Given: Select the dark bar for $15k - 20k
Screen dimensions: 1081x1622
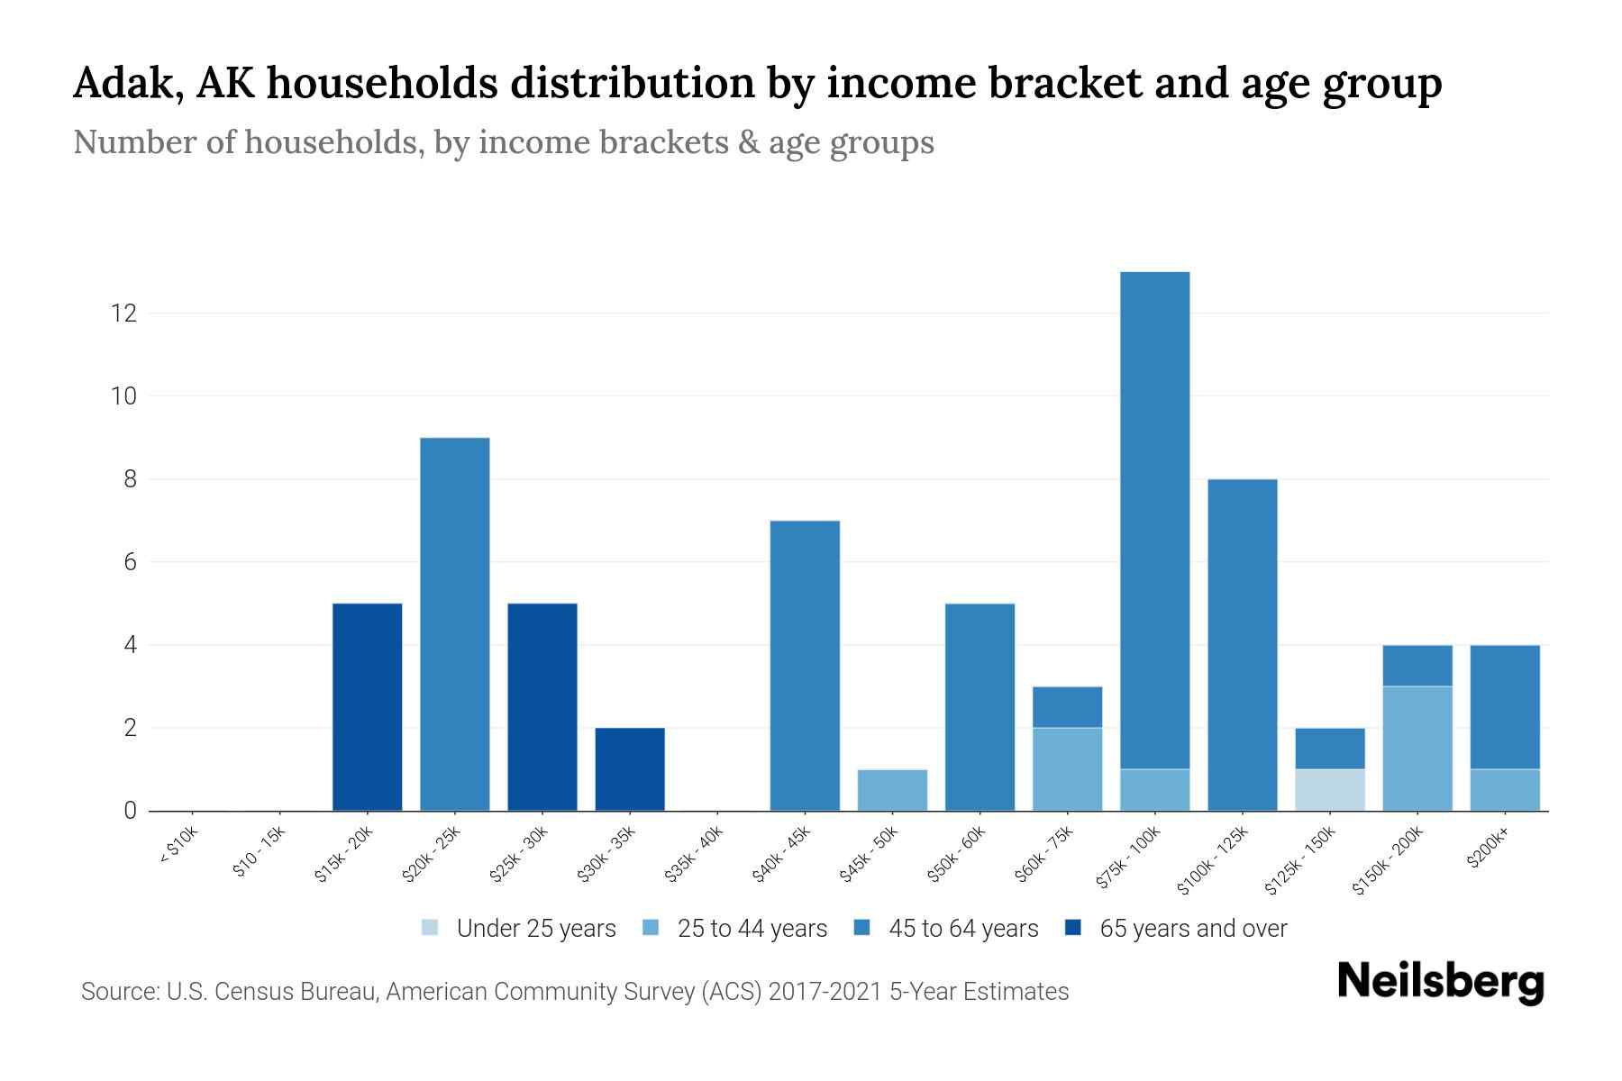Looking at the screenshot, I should [x=367, y=707].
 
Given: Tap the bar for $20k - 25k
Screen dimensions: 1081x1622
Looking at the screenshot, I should [x=455, y=624].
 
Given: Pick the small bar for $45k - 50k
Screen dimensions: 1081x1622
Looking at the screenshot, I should [x=892, y=790].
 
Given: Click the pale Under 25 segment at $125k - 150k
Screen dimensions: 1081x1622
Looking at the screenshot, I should [x=1329, y=790].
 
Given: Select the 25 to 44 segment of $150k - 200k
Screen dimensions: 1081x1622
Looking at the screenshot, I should [x=1417, y=749].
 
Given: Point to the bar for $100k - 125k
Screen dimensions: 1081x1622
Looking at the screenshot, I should [x=1242, y=645].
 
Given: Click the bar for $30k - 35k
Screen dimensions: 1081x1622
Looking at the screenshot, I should [x=630, y=769].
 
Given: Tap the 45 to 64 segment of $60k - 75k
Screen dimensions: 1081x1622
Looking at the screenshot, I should [x=1067, y=707].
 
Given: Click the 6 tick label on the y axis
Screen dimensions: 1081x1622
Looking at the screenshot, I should [x=131, y=562].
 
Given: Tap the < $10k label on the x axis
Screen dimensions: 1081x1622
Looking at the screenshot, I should [x=179, y=848].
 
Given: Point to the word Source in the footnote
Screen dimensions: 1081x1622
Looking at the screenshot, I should [x=118, y=992].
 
